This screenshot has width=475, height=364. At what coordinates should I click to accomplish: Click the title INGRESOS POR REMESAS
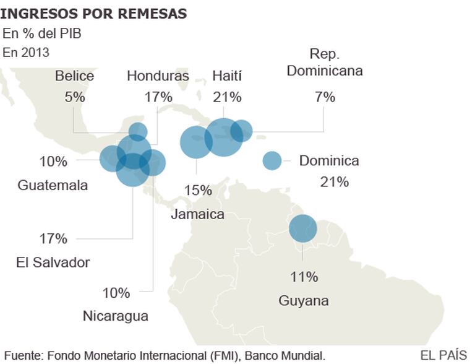click(93, 13)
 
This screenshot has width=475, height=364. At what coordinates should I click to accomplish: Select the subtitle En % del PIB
click(42, 33)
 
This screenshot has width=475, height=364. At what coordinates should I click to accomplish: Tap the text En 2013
click(26, 53)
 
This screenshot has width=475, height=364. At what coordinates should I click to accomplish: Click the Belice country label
click(75, 76)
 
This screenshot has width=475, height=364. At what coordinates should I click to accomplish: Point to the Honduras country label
click(158, 76)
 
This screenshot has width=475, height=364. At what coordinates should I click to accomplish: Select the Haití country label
click(227, 76)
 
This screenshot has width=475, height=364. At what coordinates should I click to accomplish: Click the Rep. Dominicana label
click(325, 63)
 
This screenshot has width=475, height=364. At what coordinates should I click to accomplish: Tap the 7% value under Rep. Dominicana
click(325, 97)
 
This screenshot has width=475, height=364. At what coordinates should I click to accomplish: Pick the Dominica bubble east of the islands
click(272, 161)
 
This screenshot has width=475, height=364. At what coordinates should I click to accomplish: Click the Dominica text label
click(329, 161)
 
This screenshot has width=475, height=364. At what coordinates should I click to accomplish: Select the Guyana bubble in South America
click(303, 228)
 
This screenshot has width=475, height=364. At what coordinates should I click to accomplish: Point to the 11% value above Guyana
click(304, 277)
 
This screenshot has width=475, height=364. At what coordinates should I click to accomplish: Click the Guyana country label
click(303, 301)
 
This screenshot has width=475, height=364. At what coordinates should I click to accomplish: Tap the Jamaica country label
click(197, 215)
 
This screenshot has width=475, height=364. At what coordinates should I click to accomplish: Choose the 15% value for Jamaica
click(198, 190)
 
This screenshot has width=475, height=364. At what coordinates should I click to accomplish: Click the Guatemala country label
click(53, 185)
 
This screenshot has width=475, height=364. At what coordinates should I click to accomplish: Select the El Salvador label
click(53, 262)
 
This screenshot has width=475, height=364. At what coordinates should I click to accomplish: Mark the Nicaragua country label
click(116, 316)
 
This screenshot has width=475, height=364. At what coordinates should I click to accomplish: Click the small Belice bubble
click(138, 131)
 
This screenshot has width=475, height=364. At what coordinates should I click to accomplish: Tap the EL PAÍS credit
click(443, 355)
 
